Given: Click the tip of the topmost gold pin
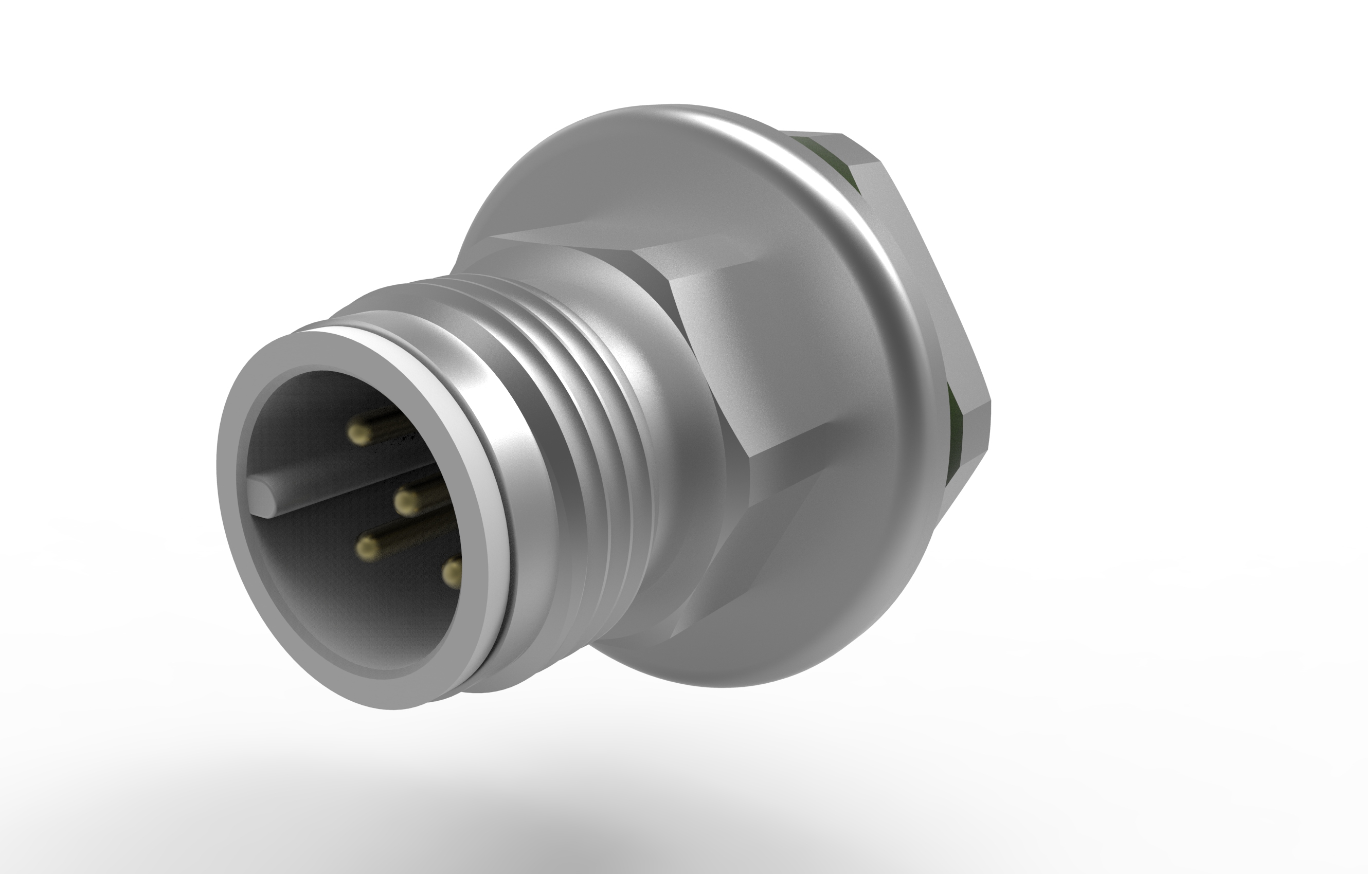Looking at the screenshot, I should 360,435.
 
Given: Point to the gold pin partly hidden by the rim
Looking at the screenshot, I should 452,574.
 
